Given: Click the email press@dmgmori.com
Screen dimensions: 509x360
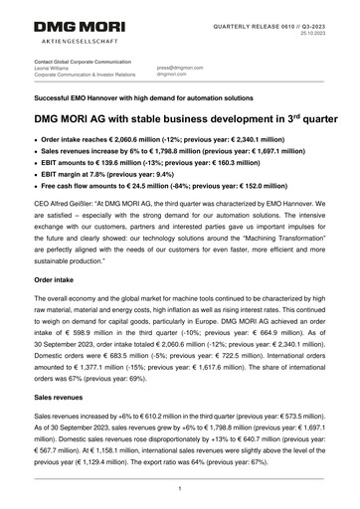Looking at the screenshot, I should [x=180, y=68].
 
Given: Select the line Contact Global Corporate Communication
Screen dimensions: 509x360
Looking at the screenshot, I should [x=85, y=61].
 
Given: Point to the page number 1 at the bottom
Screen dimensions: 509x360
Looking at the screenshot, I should [x=179, y=488].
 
